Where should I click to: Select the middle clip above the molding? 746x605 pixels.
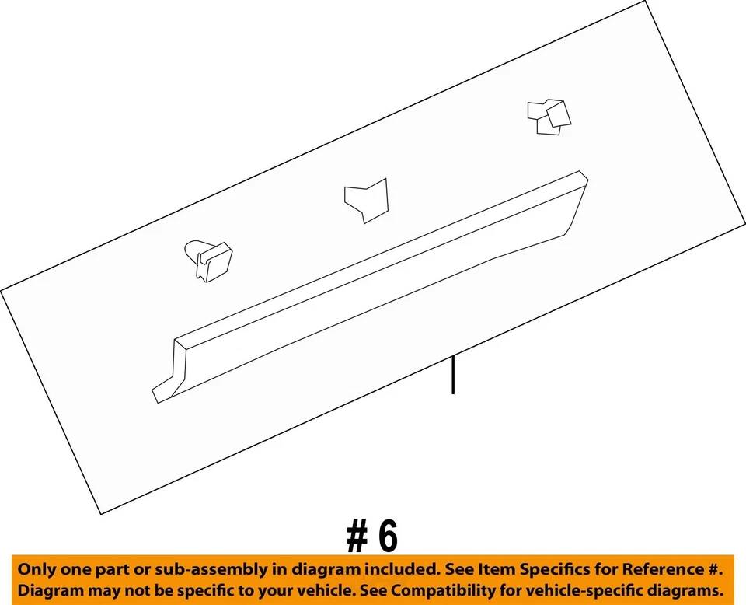[365, 199]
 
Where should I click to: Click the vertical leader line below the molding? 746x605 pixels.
[452, 374]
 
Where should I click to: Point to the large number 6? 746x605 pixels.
[388, 536]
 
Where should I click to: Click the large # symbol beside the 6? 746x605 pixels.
[357, 537]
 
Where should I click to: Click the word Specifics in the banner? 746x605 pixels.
[556, 570]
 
